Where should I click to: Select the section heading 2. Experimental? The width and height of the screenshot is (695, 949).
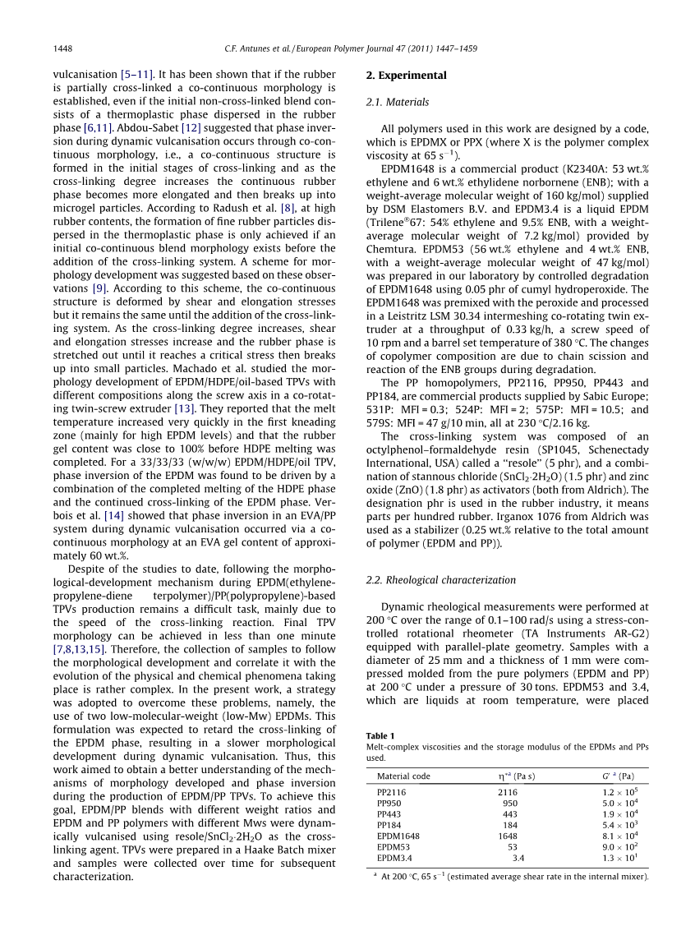pos(406,76)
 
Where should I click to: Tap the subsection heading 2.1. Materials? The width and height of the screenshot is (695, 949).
pos(397,102)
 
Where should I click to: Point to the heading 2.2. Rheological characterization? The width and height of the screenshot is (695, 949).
pos(440,580)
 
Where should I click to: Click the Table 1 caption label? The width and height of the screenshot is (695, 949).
pos(380,735)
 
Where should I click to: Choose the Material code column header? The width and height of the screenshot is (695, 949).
pos(403,776)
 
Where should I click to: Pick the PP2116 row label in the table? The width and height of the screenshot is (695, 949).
pos(391,792)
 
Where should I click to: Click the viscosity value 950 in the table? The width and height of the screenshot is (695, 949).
pos(510,803)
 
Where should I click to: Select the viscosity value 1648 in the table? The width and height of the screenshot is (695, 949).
pos(508,836)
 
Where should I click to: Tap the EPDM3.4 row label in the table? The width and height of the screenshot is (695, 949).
pos(394,858)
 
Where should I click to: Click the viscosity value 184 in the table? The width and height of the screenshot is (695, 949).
pos(510,825)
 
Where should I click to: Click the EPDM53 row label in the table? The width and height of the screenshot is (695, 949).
pos(394,846)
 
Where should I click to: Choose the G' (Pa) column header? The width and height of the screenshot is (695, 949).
pos(618,776)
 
